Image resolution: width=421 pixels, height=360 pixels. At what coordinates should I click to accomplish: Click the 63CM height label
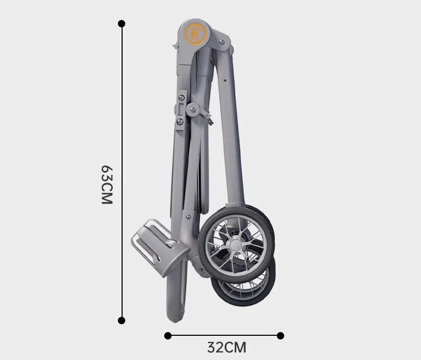pyautogui.click(x=107, y=185)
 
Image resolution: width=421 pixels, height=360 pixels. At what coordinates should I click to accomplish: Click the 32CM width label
pyautogui.click(x=227, y=347)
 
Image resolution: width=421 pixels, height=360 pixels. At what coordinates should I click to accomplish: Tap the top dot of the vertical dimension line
pyautogui.click(x=122, y=24)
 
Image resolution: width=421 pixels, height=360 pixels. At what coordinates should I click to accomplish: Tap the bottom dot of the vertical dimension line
pyautogui.click(x=122, y=321)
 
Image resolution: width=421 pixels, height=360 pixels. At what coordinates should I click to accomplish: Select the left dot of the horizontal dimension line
pyautogui.click(x=168, y=336)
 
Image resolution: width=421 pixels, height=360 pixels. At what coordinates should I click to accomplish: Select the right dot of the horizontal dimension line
pyautogui.click(x=280, y=336)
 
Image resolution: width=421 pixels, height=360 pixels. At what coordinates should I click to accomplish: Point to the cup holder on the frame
pyautogui.click(x=161, y=247)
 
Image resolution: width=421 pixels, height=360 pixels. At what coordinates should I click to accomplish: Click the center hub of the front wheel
pyautogui.click(x=235, y=245)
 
